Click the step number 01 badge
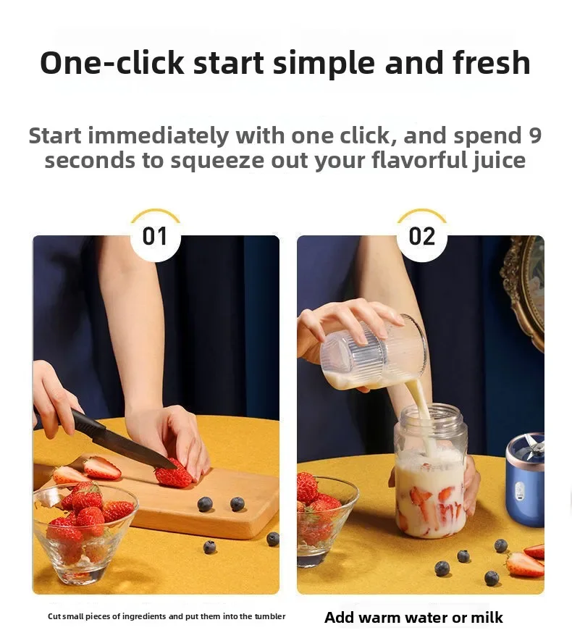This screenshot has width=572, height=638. click(x=155, y=236)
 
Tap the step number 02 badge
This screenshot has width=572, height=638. click(x=421, y=236)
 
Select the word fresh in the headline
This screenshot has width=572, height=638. click(x=492, y=63)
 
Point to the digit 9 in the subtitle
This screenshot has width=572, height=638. click(x=534, y=135)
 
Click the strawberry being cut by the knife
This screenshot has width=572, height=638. click(x=173, y=475)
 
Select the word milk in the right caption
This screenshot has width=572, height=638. click(x=486, y=618)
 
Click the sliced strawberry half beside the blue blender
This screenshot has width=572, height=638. click(x=523, y=563)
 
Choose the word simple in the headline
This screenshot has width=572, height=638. click(x=325, y=63)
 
